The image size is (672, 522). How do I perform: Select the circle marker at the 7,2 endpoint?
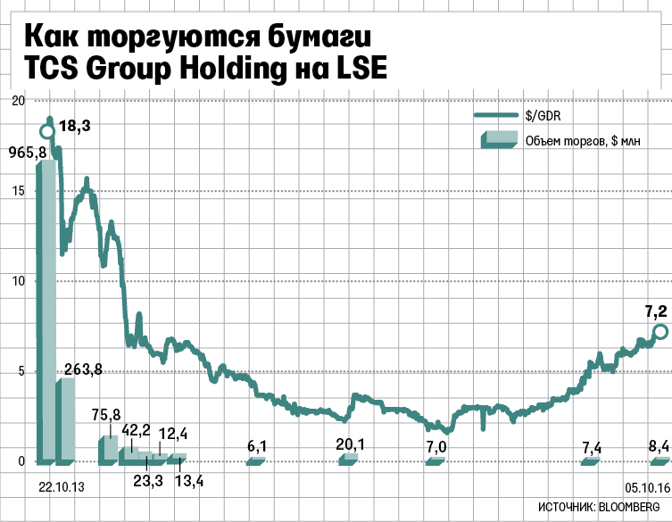point(660,332)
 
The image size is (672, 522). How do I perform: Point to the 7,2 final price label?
point(656,311)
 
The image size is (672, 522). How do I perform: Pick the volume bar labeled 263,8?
point(65,419)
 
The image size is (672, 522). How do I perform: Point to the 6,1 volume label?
point(256,445)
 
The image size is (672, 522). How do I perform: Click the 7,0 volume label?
point(436,446)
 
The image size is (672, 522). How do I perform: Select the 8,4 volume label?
point(660,446)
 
